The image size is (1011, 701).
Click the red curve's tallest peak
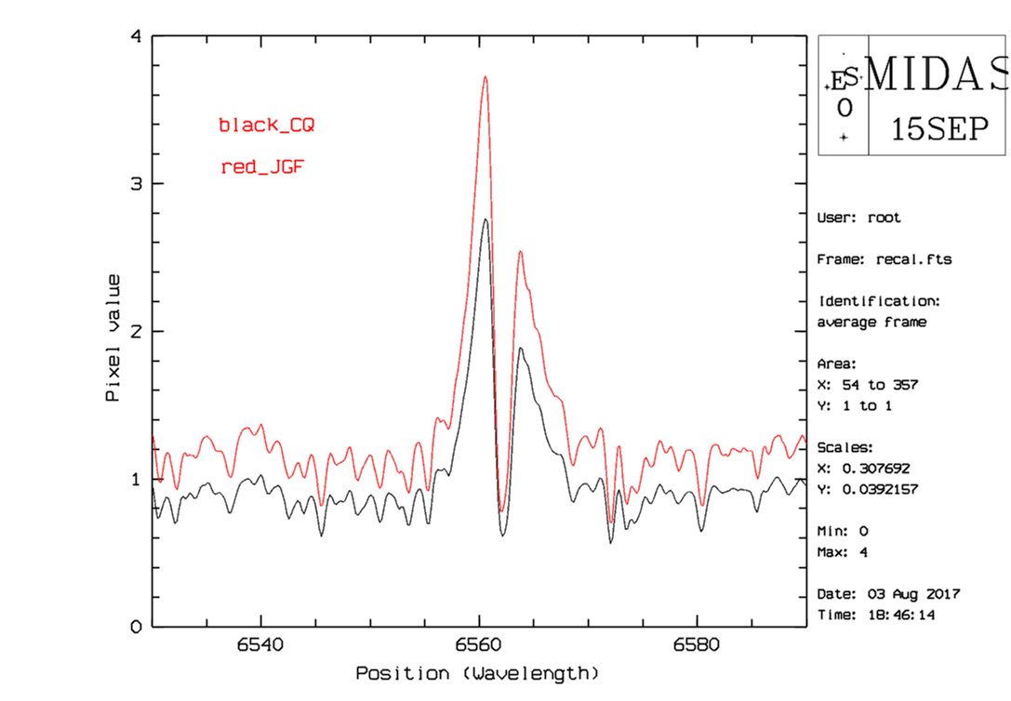tap(486, 77)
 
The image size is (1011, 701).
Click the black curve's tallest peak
tap(486, 219)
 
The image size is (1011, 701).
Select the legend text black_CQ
tap(266, 125)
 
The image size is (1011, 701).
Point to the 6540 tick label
tap(261, 645)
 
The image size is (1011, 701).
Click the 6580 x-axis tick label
tap(697, 645)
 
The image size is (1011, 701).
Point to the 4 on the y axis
tap(137, 37)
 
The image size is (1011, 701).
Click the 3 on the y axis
tap(137, 184)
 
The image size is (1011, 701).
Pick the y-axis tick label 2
tap(137, 331)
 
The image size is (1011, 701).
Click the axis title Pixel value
tap(113, 337)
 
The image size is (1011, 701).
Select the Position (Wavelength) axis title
tap(477, 672)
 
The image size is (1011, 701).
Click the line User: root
tap(858, 218)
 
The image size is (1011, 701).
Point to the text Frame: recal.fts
tap(884, 259)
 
